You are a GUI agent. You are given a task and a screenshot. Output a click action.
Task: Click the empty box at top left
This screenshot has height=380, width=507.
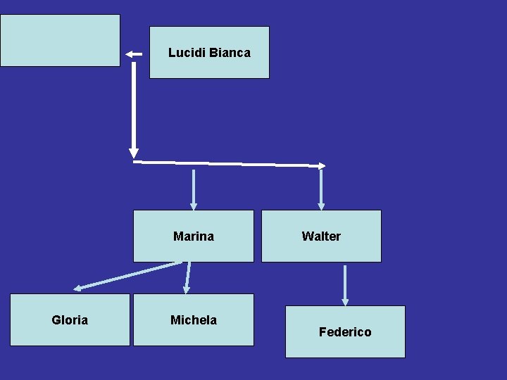click(60, 40)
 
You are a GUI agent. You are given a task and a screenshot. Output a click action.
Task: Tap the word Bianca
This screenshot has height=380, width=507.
click(230, 53)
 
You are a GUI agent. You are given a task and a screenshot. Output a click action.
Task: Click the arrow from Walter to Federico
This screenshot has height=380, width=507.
click(345, 284)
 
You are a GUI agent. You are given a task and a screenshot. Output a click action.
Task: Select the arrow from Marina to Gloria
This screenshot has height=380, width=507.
click(127, 275)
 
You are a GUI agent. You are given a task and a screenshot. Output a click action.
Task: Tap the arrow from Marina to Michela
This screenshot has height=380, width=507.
click(187, 277)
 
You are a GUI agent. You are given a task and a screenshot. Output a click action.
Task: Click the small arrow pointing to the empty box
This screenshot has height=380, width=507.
click(134, 53)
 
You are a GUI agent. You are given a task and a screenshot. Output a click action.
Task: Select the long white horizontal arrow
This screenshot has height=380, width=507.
click(229, 163)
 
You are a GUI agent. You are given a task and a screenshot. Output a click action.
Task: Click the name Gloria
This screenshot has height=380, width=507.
click(70, 320)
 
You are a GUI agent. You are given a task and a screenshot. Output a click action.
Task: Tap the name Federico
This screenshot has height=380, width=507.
click(345, 332)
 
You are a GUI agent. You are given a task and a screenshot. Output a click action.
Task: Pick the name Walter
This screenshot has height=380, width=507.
click(321, 236)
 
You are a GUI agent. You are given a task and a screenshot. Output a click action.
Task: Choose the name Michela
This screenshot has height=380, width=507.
click(194, 320)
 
